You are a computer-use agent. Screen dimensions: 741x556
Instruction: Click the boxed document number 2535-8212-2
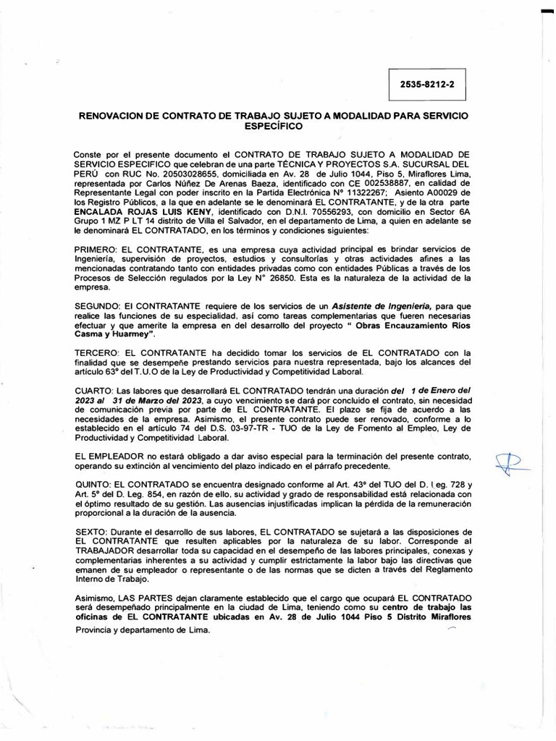[427, 84]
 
